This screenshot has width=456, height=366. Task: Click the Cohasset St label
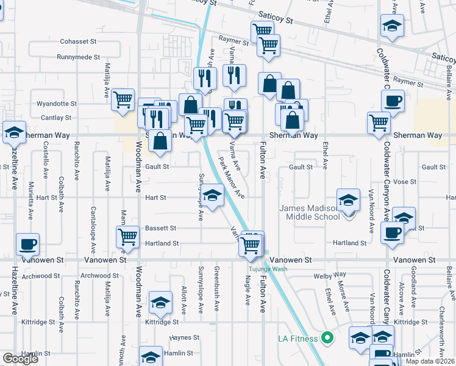point(79,42)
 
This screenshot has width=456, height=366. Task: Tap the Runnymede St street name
point(77,57)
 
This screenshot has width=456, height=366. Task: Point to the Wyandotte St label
point(57,104)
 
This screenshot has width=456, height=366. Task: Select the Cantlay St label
point(57,118)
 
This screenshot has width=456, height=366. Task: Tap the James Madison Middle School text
point(309,212)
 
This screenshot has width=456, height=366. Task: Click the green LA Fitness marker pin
point(327,337)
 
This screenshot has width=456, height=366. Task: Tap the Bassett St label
point(161,229)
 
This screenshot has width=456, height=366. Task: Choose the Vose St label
point(404,182)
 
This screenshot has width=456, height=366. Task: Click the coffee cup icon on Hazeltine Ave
point(27,244)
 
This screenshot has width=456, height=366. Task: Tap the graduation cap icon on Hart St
point(212,195)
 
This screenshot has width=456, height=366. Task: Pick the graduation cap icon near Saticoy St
point(391,25)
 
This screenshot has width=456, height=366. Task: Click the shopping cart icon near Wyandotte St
point(123,98)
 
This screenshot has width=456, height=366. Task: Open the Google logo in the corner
point(20,359)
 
